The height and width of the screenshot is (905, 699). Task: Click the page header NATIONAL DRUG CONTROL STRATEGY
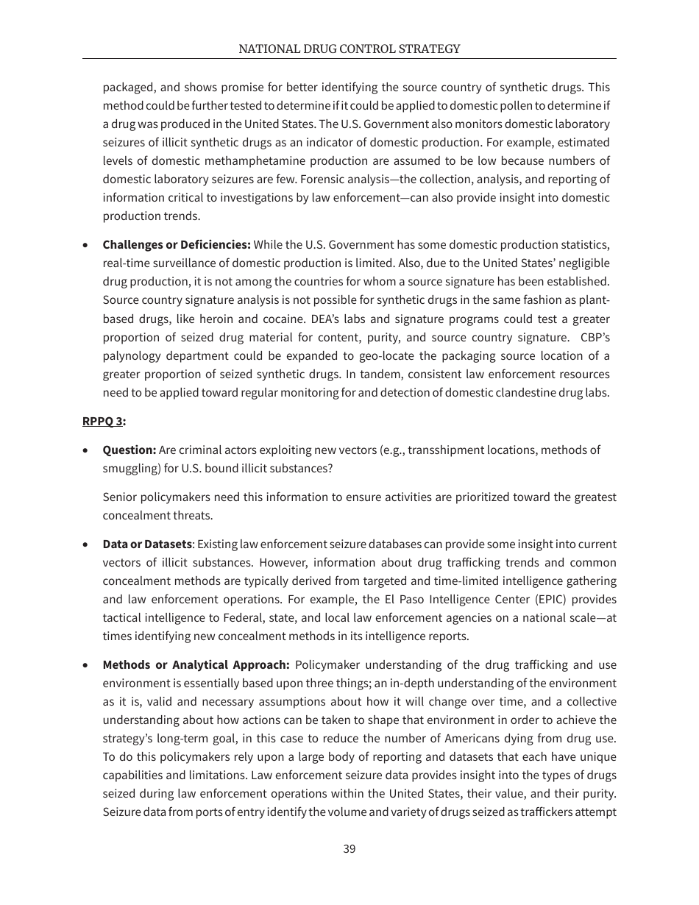[349, 49]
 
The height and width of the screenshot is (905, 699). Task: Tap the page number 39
[349, 848]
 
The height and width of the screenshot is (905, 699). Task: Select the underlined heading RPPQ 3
[104, 421]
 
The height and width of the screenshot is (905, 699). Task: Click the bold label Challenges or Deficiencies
[177, 244]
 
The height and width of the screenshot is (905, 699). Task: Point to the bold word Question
[129, 450]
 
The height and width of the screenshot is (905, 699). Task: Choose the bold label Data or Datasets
[147, 544]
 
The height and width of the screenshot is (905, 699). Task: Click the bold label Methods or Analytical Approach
[196, 664]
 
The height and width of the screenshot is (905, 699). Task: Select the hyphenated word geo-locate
[375, 355]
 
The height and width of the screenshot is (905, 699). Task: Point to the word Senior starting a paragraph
[120, 497]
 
